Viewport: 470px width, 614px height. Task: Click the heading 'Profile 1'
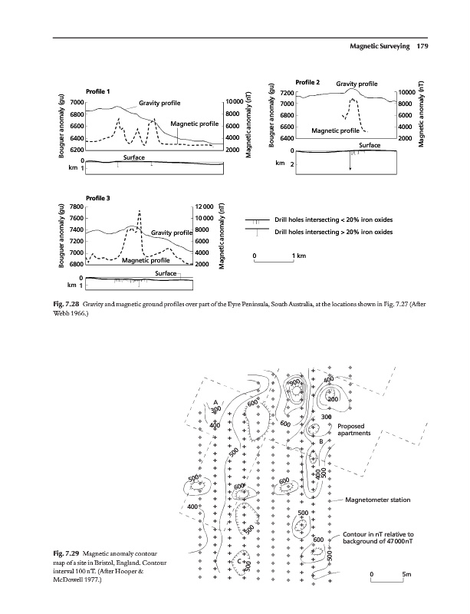click(99, 92)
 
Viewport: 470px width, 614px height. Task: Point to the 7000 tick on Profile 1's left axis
click(77, 102)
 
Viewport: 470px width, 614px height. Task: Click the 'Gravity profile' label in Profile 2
click(357, 83)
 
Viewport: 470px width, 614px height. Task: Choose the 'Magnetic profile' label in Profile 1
click(195, 124)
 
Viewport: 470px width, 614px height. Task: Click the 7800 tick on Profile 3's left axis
click(77, 207)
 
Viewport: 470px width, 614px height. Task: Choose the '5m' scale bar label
click(406, 574)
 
